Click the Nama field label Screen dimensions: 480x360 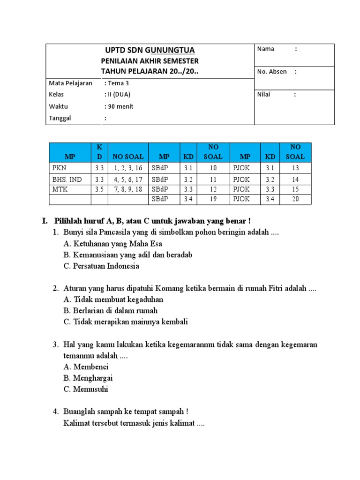click(x=265, y=49)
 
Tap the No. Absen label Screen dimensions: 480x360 click(x=272, y=72)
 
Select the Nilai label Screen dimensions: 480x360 click(x=264, y=94)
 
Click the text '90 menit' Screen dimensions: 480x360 click(x=120, y=106)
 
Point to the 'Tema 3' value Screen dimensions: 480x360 click(x=117, y=83)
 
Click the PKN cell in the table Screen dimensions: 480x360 click(x=58, y=168)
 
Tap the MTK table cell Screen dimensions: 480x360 click(x=59, y=189)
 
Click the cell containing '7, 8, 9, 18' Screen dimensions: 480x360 click(x=127, y=189)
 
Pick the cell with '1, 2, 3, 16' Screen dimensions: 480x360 click(x=127, y=168)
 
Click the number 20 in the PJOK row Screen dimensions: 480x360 click(x=295, y=200)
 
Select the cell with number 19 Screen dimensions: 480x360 click(x=213, y=200)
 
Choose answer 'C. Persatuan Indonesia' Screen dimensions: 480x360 click(x=101, y=266)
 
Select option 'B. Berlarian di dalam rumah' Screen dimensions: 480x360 click(x=111, y=311)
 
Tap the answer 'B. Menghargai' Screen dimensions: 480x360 click(x=88, y=378)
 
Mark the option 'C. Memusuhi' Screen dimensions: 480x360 click(x=86, y=389)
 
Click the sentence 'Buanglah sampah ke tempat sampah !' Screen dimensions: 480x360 click(x=126, y=412)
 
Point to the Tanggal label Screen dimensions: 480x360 click(x=60, y=118)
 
